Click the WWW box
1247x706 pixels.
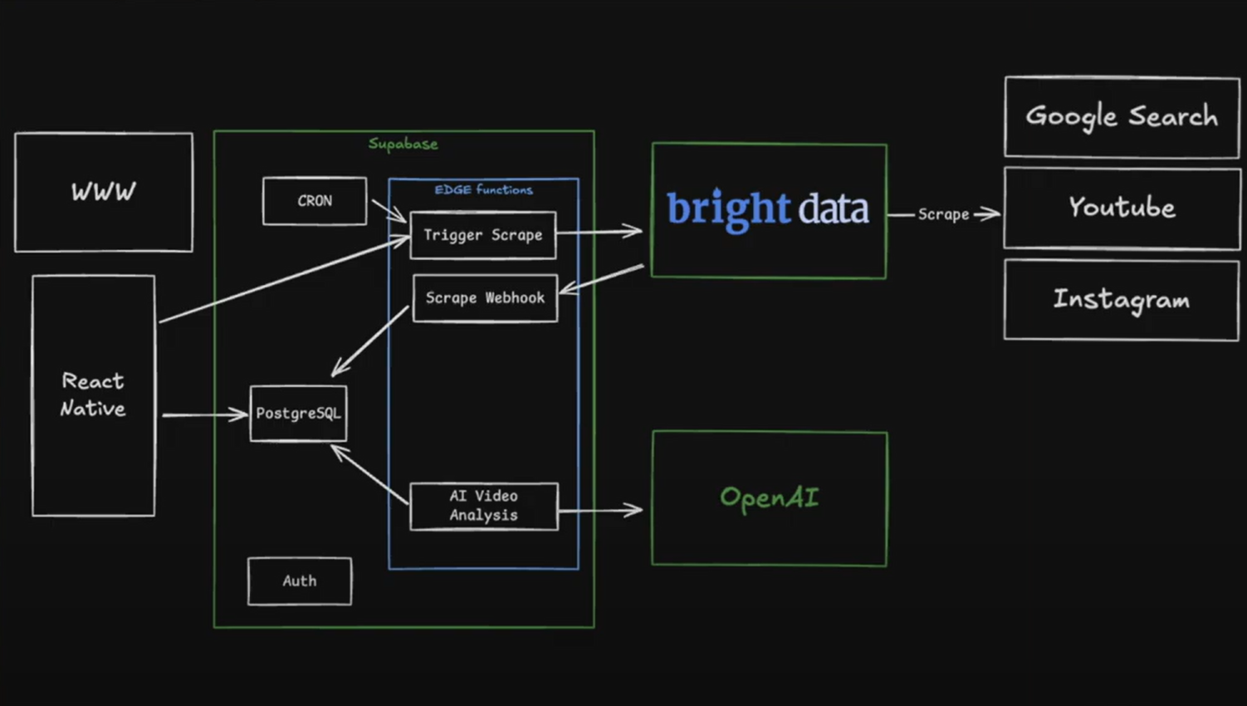104,192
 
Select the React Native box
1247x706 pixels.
93,395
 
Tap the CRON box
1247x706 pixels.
315,201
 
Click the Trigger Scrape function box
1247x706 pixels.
482,235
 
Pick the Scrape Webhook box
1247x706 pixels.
485,298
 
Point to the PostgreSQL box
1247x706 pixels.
298,414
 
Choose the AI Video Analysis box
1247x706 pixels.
483,506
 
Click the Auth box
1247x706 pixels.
299,581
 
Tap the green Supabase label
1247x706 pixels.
403,144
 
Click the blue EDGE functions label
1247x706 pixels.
483,189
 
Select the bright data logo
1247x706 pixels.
767,208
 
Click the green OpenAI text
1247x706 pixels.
769,498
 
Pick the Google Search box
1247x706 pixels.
1122,117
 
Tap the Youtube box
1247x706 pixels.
1122,208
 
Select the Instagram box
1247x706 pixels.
1121,299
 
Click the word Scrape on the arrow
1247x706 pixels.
943,214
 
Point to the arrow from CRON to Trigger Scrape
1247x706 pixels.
388,210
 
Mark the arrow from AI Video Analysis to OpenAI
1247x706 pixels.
599,509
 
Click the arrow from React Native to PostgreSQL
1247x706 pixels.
204,414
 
